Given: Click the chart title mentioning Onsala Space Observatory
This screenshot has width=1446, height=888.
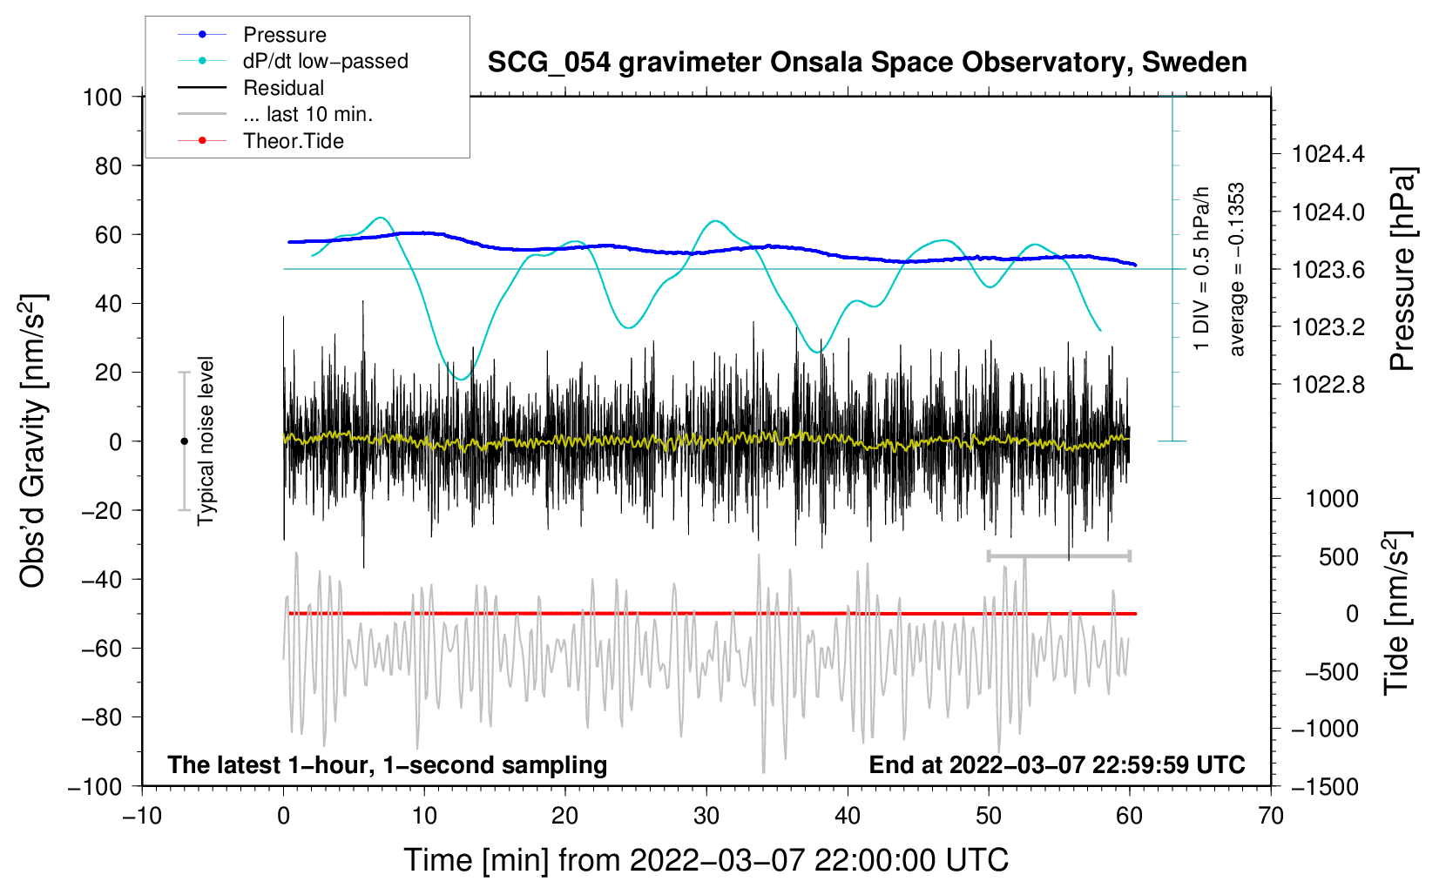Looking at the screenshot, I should [867, 63].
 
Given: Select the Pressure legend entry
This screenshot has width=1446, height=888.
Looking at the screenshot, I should [284, 35].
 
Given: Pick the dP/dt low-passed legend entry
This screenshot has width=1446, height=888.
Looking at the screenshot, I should [325, 61].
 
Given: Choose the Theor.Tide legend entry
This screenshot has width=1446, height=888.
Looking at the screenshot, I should [293, 141].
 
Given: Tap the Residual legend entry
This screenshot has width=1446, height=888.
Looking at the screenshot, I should [283, 88].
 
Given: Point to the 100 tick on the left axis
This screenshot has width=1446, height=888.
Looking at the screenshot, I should [102, 97].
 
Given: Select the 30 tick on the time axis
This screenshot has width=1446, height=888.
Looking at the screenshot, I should [706, 816].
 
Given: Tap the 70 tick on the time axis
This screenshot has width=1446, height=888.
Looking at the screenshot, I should [1271, 816].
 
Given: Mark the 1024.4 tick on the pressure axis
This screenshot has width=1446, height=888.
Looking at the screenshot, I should [1328, 155].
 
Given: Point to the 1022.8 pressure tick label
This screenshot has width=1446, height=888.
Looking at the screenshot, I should [1328, 385].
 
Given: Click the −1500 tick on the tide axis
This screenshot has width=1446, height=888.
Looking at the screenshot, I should [1325, 786].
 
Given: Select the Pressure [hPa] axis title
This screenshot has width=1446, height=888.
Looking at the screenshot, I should [1402, 269].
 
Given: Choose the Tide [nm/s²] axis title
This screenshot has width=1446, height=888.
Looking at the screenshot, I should [1396, 614].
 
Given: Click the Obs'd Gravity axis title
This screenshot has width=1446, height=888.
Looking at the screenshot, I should [33, 441].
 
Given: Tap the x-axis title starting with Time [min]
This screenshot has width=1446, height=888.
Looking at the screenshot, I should [706, 860].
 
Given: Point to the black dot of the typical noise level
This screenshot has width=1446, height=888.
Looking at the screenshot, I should [184, 441].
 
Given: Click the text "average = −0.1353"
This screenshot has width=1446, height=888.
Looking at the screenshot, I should [1237, 269].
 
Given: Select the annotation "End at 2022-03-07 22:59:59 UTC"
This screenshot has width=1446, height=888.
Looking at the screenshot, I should [1057, 764].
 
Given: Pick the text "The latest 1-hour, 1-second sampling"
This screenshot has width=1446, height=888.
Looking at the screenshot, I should [388, 764].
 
